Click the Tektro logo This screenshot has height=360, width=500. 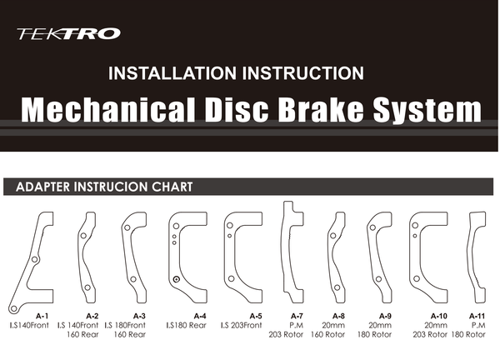(68, 33)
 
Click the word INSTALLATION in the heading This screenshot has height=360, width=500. (174, 73)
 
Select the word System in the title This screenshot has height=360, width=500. (427, 110)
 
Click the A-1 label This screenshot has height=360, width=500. (42, 316)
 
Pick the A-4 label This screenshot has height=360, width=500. (200, 316)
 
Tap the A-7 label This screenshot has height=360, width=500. (297, 316)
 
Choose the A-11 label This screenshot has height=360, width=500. (477, 316)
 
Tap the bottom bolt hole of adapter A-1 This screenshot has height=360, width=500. (13, 308)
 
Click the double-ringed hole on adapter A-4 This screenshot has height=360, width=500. (176, 279)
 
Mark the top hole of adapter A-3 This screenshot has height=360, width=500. (127, 227)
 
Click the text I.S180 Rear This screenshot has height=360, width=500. (186, 325)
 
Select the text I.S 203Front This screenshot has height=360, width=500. (242, 325)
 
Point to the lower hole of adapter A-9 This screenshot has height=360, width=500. (378, 279)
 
